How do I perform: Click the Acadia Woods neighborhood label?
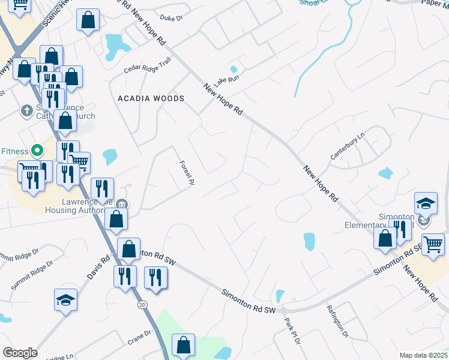tap(151, 98)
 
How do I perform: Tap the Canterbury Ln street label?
tap(348, 146)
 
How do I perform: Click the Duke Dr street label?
tap(171, 19)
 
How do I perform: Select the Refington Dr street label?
tap(337, 322)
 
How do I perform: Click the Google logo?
tap(20, 353)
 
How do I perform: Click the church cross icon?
tap(26, 111)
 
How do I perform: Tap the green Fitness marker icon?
tap(36, 150)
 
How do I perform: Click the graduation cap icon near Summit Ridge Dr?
tap(65, 299)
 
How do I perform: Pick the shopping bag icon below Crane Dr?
tap(183, 345)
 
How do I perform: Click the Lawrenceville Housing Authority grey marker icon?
tap(122, 205)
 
